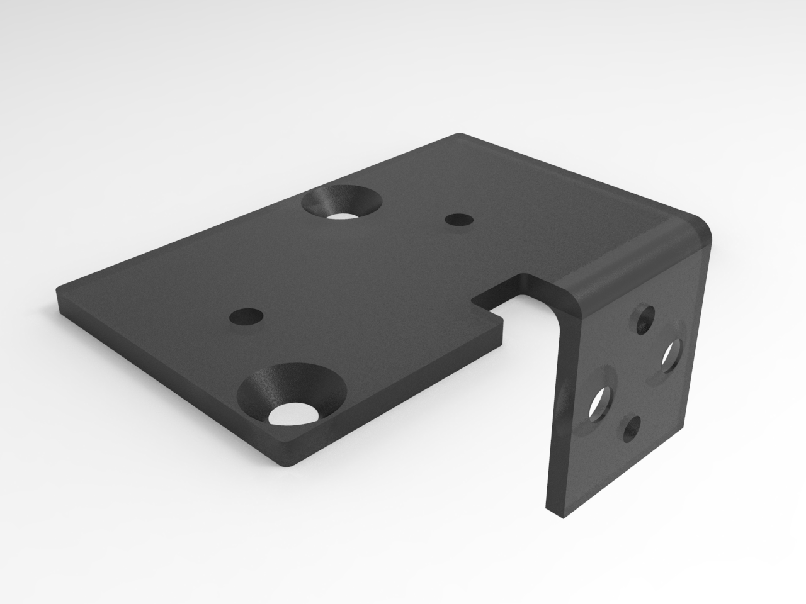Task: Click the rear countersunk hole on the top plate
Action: (x=342, y=202)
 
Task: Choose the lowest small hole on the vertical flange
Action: (x=631, y=432)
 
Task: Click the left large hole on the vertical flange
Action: (x=601, y=403)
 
